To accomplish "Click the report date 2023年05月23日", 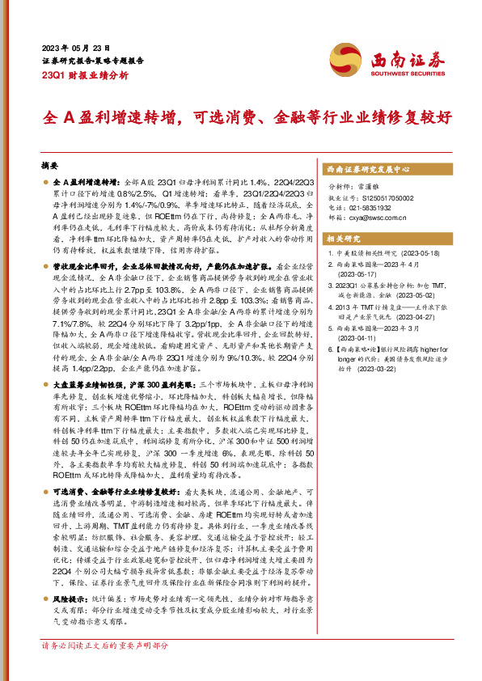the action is click(x=75, y=49).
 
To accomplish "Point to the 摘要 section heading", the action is click(x=50, y=164).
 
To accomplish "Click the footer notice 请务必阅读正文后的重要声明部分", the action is click(x=105, y=668).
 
